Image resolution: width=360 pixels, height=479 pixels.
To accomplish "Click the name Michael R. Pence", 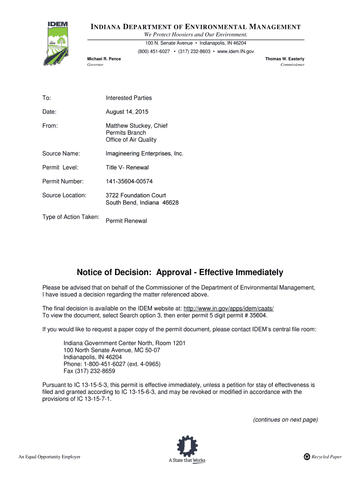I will (x=104, y=58).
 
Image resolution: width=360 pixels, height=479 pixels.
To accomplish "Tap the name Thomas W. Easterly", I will (x=285, y=58).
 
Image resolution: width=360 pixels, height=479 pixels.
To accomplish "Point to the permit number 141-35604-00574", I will (x=129, y=181).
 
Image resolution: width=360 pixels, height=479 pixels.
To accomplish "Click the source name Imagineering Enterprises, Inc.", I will (x=144, y=153).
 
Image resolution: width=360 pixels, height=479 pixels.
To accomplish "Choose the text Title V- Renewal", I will (x=127, y=167).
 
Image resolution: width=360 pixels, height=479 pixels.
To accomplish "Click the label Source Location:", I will (x=65, y=195).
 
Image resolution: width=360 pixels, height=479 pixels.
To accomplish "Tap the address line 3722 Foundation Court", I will (x=136, y=195).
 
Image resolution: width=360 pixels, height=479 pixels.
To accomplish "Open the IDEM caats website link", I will (x=228, y=308).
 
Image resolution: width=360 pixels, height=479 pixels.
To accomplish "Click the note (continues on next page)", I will (x=285, y=420).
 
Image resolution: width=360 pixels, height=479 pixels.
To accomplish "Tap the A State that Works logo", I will (x=187, y=450).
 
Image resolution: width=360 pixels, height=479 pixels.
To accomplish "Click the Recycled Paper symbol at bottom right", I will (x=307, y=457).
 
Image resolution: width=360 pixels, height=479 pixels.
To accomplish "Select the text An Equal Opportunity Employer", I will (x=50, y=457).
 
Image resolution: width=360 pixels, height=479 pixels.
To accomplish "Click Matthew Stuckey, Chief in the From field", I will (x=137, y=126).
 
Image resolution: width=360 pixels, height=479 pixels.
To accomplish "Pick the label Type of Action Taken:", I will (x=71, y=217).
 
